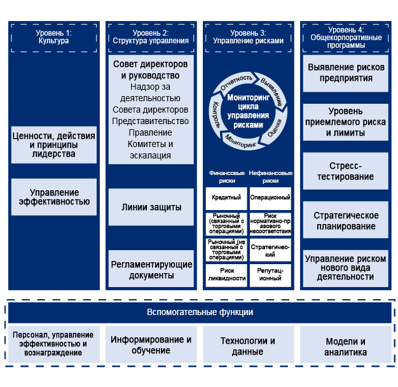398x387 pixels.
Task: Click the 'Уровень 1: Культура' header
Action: click(x=54, y=36)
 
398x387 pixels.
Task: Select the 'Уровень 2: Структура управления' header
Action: click(x=151, y=36)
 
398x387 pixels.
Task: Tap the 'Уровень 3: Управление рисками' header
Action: click(x=248, y=36)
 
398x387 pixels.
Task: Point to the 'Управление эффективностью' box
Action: click(x=54, y=197)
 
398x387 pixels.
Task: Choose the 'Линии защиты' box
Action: click(x=151, y=208)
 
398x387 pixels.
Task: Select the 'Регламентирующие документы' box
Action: click(x=151, y=269)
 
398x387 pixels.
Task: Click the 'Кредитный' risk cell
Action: click(x=226, y=197)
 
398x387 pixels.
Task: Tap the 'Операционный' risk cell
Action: click(x=270, y=197)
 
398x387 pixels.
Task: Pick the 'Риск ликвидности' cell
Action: click(x=226, y=274)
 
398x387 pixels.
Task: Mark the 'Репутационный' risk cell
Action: click(x=270, y=274)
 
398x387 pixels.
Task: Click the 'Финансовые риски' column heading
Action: click(x=226, y=176)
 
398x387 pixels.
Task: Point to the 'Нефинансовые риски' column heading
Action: click(x=270, y=176)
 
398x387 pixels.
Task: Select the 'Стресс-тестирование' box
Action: click(x=345, y=171)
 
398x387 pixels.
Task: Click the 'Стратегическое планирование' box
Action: click(x=345, y=221)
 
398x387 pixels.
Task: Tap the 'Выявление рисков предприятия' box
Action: click(x=345, y=72)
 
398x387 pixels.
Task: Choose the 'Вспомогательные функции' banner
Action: click(x=200, y=312)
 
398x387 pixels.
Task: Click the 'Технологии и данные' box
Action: click(x=248, y=346)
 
